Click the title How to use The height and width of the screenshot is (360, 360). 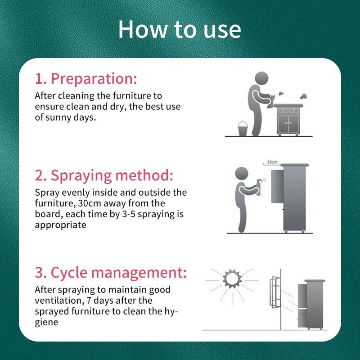click(x=180, y=29)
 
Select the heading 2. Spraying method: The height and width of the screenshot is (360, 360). click(x=104, y=175)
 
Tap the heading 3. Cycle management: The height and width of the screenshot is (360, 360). click(x=111, y=272)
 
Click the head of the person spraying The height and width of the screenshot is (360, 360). click(x=242, y=173)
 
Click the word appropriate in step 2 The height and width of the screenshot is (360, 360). click(x=60, y=225)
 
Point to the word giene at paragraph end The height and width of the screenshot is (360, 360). click(x=46, y=322)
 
